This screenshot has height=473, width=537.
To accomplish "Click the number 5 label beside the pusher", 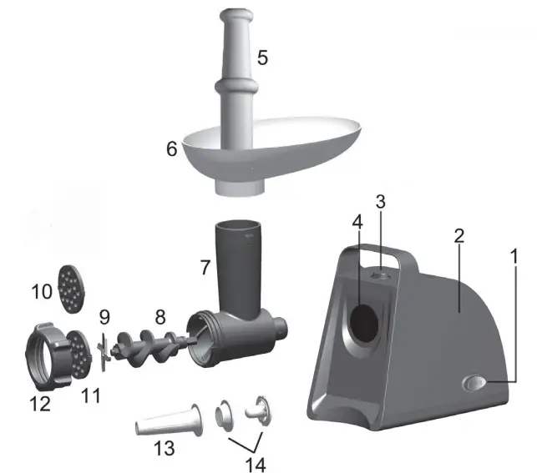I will point(262,58).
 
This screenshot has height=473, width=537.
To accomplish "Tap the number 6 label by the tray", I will point(172,149).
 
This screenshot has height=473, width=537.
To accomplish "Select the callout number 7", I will point(203,268).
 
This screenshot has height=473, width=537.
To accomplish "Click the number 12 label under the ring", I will point(38,405).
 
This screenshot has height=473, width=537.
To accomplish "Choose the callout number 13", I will point(164,448).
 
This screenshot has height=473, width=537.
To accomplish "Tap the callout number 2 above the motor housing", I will point(458,236).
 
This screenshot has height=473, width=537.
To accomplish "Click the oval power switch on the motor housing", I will point(476,383).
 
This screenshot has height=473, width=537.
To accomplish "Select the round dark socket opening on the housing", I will point(363,322).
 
